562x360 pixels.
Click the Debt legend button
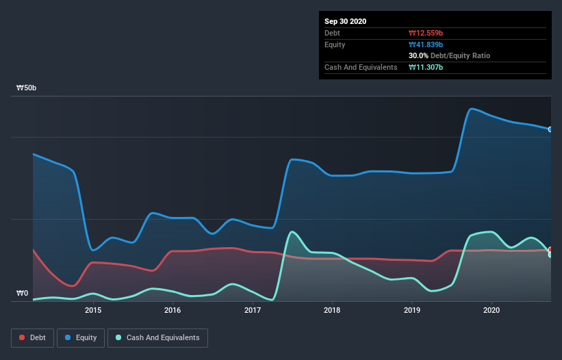click(32, 337)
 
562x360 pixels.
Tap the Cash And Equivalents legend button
click(157, 337)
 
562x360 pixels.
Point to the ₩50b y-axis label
click(27, 88)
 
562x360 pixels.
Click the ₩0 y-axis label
click(22, 294)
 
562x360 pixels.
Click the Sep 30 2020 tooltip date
click(345, 21)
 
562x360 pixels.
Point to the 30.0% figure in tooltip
click(419, 55)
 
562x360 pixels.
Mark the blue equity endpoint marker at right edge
click(550, 129)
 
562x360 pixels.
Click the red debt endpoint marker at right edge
click(550, 250)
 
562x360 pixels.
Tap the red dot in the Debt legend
click(23, 337)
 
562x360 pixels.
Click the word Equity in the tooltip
click(335, 44)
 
